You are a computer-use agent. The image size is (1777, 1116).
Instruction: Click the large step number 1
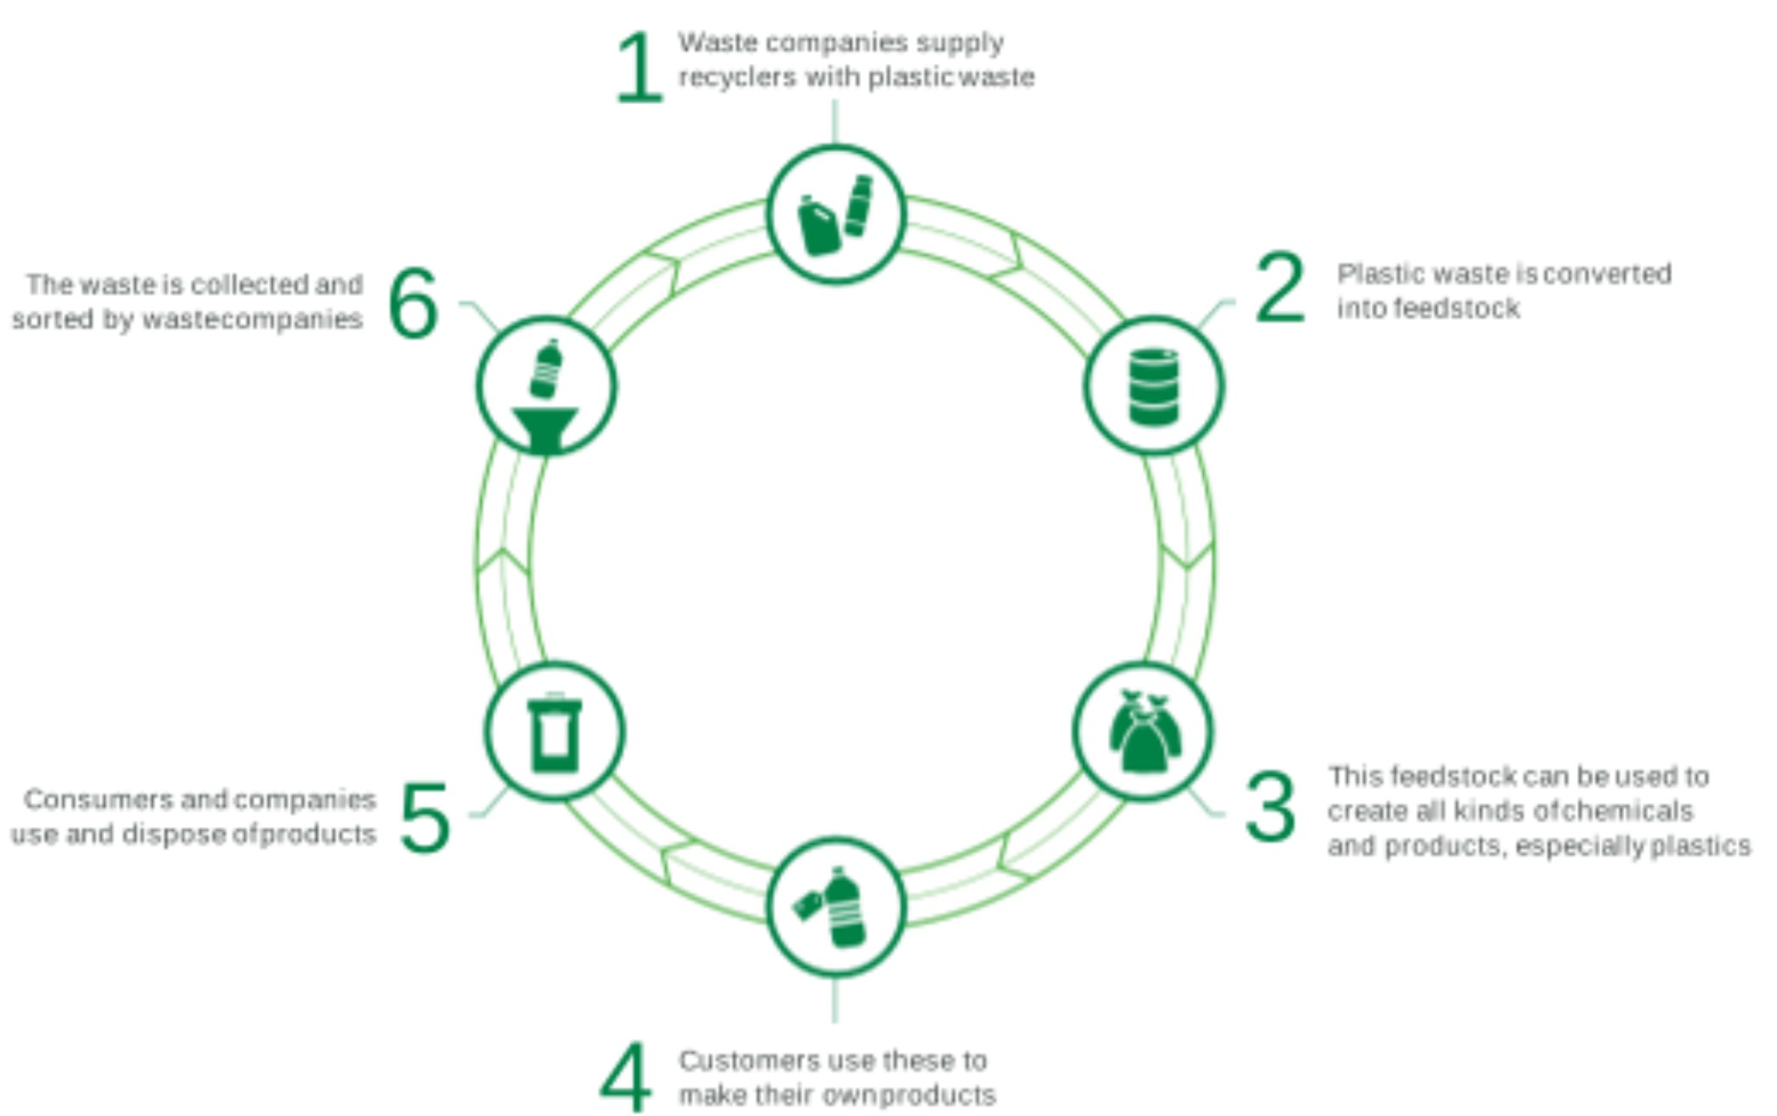point(639,68)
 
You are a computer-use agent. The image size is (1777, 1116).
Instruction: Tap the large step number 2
point(1280,287)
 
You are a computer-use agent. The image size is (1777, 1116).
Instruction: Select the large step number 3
point(1270,807)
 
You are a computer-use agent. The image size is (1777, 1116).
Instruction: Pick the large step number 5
point(425,817)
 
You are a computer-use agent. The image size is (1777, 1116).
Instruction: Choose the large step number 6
point(414,304)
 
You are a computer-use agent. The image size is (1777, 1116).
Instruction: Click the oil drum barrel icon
point(1153,387)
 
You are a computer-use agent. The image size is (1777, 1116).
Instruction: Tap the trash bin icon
point(554,733)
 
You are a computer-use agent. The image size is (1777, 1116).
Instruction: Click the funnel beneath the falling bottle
point(545,428)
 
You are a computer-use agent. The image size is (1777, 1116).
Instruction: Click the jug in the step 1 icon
point(817,227)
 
